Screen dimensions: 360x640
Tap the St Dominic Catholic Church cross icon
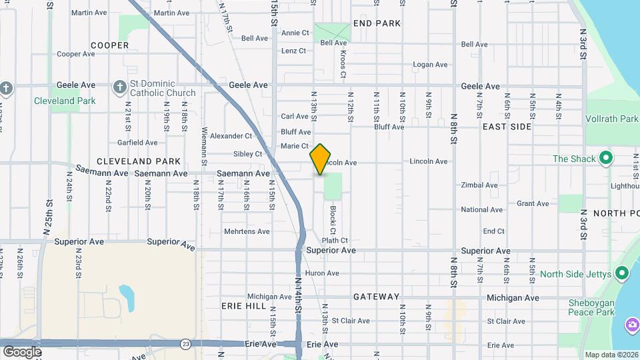[119, 86]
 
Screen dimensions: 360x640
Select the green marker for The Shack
[606, 159]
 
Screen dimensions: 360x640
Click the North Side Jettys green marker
[622, 273]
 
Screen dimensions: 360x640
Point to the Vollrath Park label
[611, 119]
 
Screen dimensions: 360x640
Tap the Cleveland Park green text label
[65, 101]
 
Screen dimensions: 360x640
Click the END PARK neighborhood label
[377, 23]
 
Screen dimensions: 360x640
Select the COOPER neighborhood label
[110, 45]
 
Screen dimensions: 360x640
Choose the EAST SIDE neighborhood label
[507, 126]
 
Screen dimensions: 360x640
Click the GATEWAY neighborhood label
[377, 297]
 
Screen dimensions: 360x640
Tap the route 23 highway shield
[185, 343]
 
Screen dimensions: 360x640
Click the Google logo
[22, 351]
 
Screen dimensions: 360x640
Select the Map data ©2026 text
[611, 355]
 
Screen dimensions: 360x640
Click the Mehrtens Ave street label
[247, 231]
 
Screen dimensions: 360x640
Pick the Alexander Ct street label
[231, 136]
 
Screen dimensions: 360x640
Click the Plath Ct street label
[335, 240]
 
